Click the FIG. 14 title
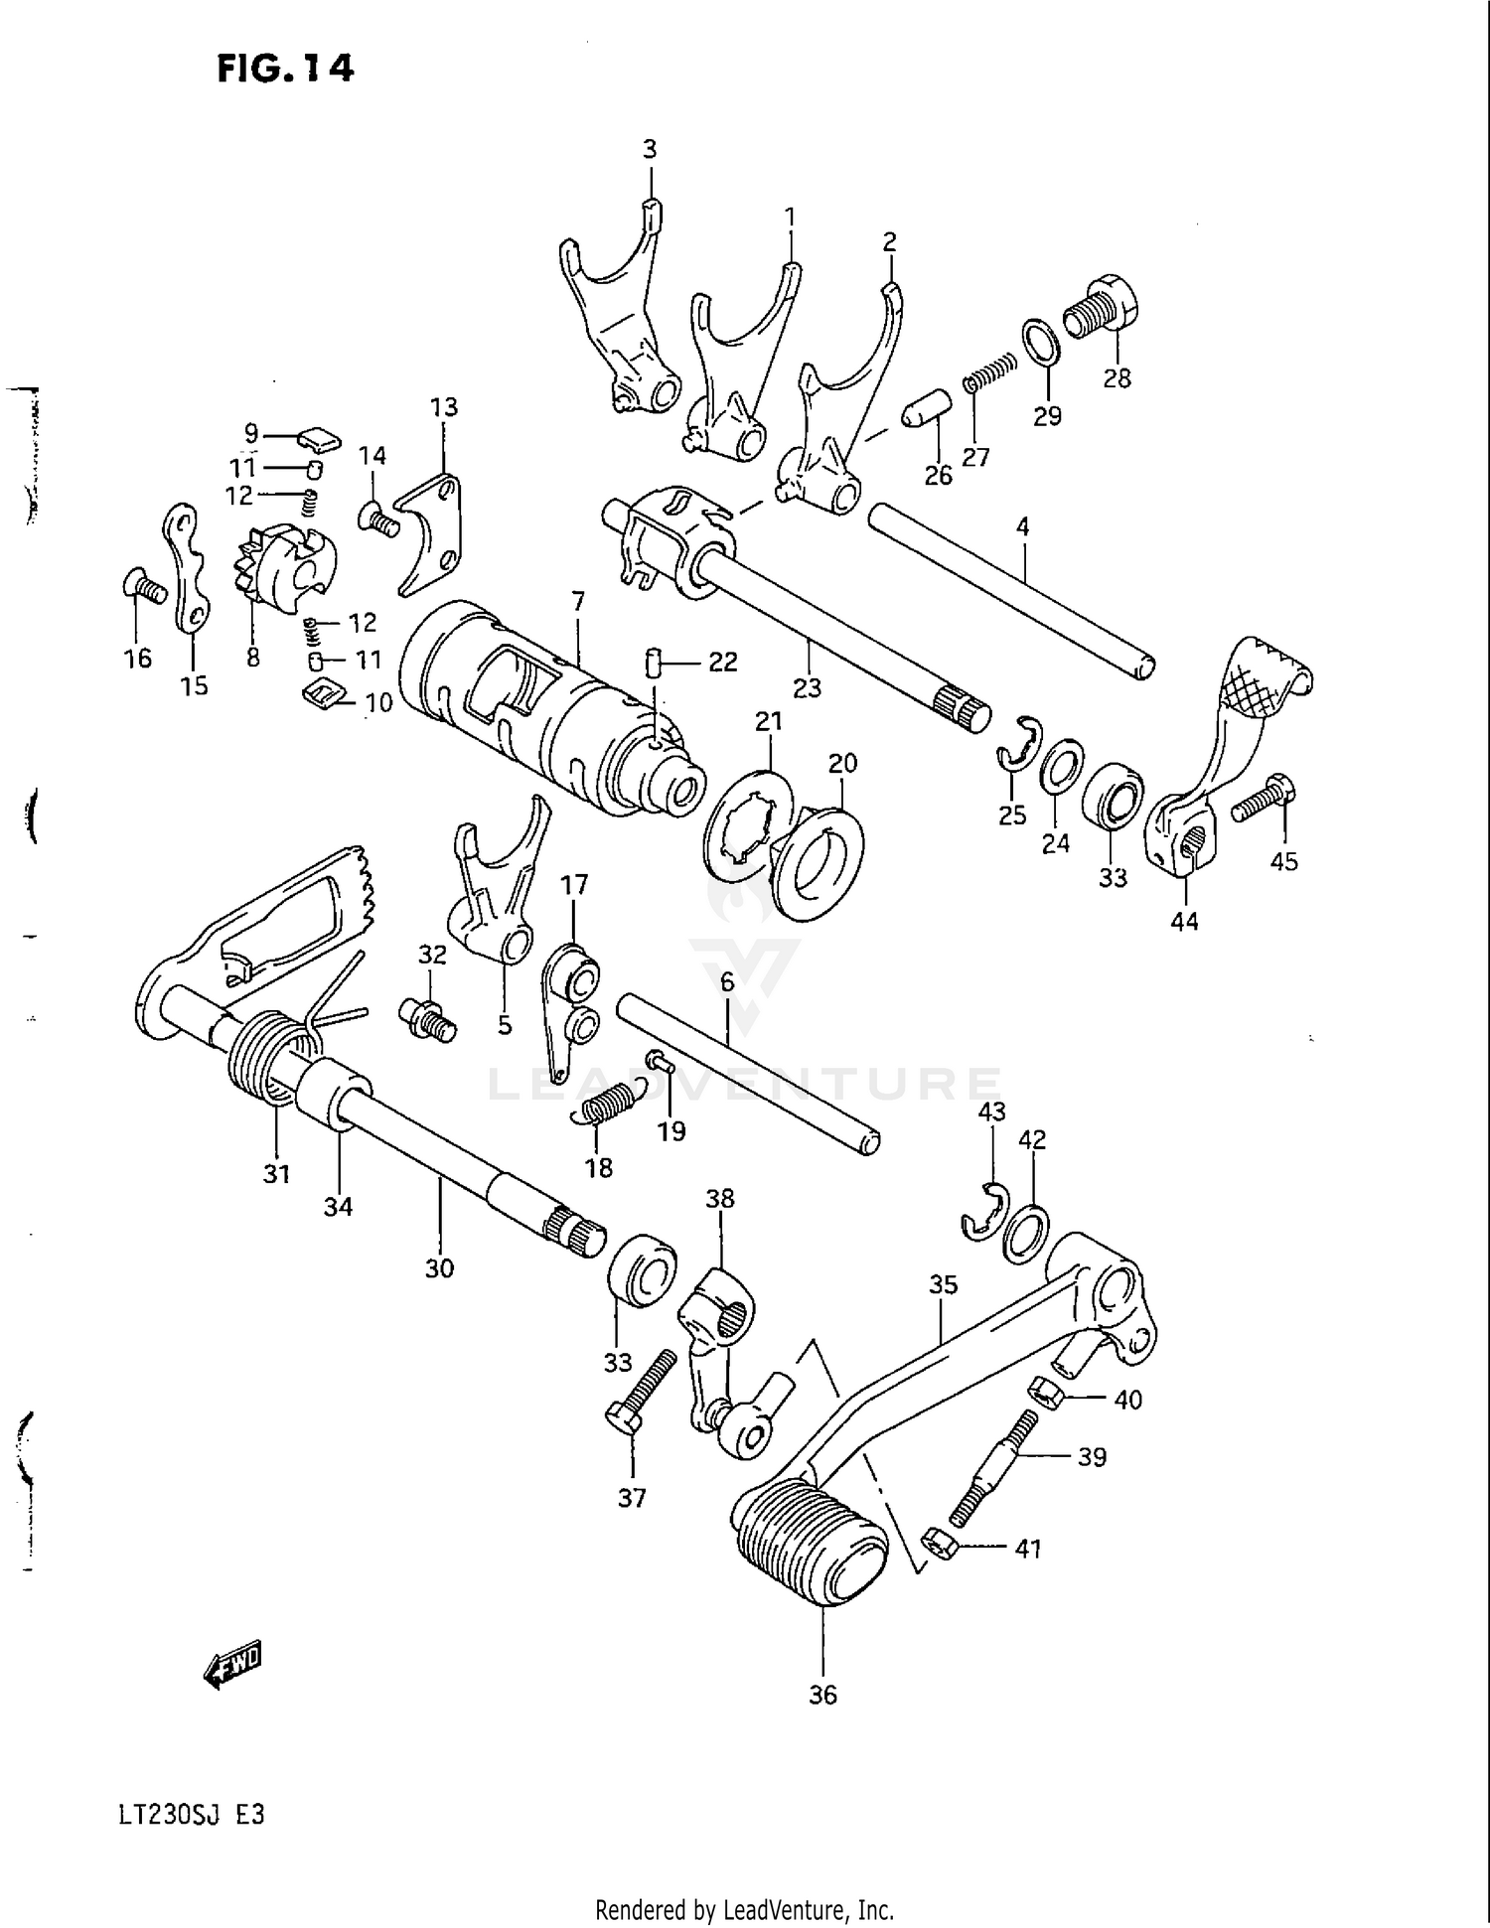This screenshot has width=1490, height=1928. click(285, 69)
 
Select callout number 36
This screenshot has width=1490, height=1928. click(822, 1695)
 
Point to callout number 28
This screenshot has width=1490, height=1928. click(1117, 378)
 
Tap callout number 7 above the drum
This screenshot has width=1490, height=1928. click(578, 601)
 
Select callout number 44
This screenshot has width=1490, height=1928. click(1183, 922)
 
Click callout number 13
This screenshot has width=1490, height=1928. click(443, 406)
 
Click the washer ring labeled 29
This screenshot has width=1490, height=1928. click(1040, 342)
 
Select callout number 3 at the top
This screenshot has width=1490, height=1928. click(649, 149)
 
